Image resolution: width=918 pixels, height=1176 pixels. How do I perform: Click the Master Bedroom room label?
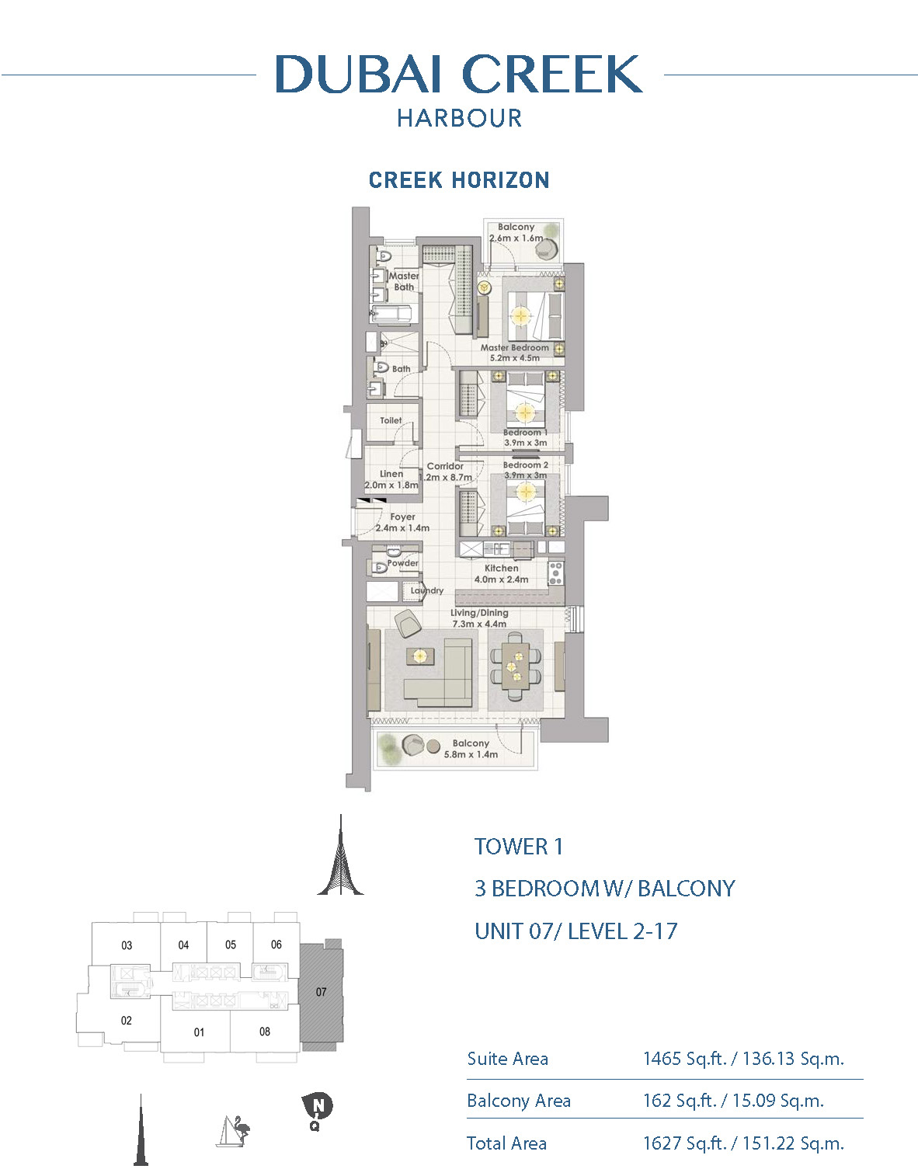point(514,347)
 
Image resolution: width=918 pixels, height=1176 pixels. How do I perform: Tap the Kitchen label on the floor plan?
point(502,568)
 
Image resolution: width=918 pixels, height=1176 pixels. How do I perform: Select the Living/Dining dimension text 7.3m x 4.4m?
point(479,624)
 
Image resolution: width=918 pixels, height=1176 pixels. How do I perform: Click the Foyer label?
point(402,517)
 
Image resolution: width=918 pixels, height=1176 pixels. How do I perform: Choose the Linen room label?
point(391,474)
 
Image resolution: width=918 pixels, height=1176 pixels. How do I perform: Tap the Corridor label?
point(445,466)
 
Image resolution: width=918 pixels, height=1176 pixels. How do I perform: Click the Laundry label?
point(427,590)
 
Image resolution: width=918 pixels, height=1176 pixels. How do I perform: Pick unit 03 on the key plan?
point(126,945)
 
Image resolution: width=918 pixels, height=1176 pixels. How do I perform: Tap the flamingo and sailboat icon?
point(233,1130)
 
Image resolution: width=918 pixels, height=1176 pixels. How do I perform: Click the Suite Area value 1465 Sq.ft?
point(684,1059)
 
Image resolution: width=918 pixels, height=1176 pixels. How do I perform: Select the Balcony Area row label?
point(518,1100)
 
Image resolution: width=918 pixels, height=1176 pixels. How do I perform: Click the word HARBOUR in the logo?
point(459,118)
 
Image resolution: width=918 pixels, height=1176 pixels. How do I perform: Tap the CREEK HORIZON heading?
point(459,180)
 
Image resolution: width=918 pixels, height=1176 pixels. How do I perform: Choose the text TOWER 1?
point(519,847)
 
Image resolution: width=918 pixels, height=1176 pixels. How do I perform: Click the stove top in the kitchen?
point(556,573)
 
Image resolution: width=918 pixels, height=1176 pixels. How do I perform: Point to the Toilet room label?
point(391,420)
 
